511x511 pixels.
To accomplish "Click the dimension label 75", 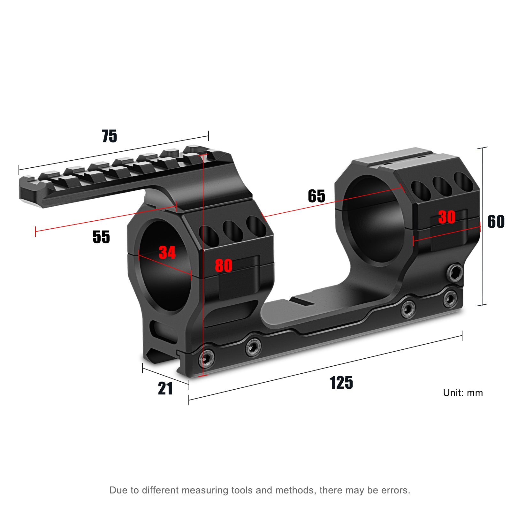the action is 110,136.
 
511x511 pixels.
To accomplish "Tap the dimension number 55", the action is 101,237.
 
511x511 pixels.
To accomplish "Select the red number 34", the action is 167,252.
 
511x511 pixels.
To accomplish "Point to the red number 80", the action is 223,265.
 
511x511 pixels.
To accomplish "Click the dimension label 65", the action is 316,196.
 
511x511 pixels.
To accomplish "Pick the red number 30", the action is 447,217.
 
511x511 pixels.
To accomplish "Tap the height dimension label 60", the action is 496,222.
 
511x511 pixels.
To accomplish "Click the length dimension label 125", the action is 341,383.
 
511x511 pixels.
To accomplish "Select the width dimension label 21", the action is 165,389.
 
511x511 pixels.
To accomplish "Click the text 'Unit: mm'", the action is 463,393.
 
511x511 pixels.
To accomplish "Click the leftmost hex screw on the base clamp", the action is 207,358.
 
